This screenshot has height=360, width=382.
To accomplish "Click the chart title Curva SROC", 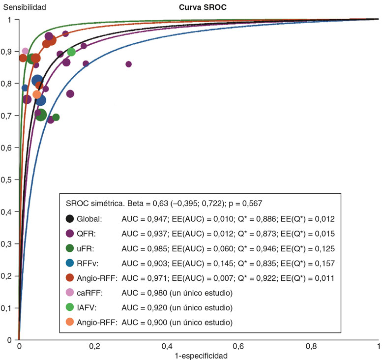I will [199, 7].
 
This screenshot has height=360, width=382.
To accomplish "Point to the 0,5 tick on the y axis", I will [10, 180].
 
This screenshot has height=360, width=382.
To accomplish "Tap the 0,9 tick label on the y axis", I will [10, 52].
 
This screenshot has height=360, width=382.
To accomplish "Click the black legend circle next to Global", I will [70, 219].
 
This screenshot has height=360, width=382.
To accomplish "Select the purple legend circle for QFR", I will [70, 234].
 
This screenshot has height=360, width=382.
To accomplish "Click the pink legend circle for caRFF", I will [70, 293].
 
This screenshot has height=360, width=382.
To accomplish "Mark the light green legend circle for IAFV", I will [70, 308].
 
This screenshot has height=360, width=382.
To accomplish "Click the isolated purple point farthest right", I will [129, 64].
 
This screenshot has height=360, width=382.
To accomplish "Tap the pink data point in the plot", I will [26, 51].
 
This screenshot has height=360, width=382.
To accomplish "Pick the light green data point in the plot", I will [71, 52].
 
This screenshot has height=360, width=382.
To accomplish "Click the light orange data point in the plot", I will [37, 94].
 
